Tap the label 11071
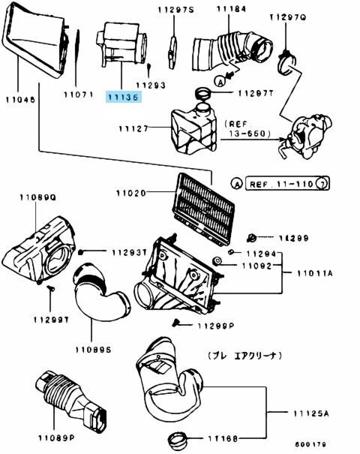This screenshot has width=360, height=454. pyautogui.click(x=76, y=95)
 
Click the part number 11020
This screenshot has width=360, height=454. pyautogui.click(x=132, y=193)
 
